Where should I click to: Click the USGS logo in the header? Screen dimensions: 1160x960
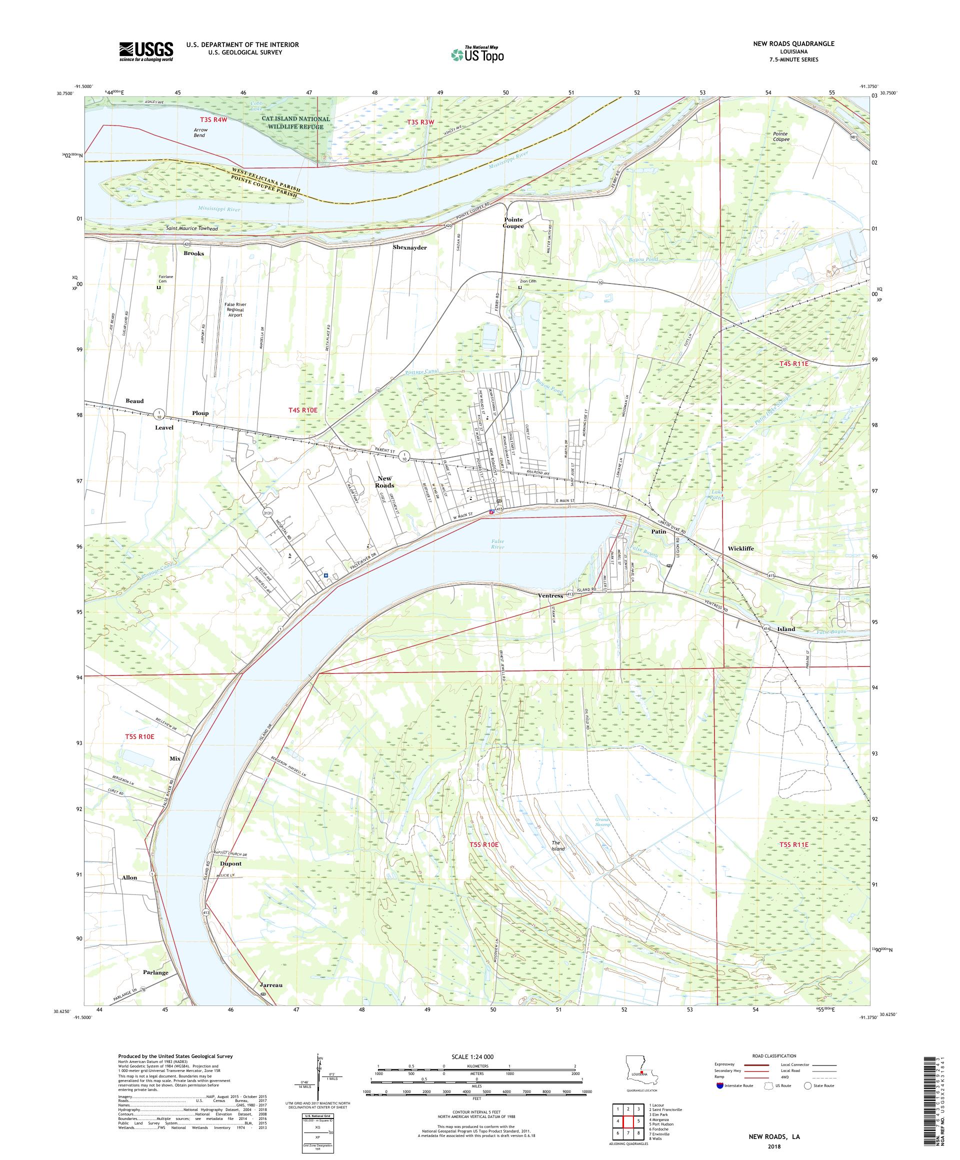click(x=146, y=52)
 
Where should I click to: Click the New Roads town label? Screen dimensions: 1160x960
click(x=384, y=481)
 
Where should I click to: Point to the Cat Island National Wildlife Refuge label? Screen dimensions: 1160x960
click(x=295, y=122)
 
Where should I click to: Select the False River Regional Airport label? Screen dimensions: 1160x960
click(x=235, y=309)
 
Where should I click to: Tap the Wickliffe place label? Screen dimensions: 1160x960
click(x=740, y=548)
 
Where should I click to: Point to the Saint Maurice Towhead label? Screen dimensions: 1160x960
click(x=191, y=228)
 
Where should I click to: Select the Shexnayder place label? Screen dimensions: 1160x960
click(x=409, y=247)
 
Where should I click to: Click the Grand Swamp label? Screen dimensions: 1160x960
click(x=602, y=821)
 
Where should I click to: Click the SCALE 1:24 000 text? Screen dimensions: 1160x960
click(x=476, y=1055)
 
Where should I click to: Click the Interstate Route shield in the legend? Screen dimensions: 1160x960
click(x=719, y=1085)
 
